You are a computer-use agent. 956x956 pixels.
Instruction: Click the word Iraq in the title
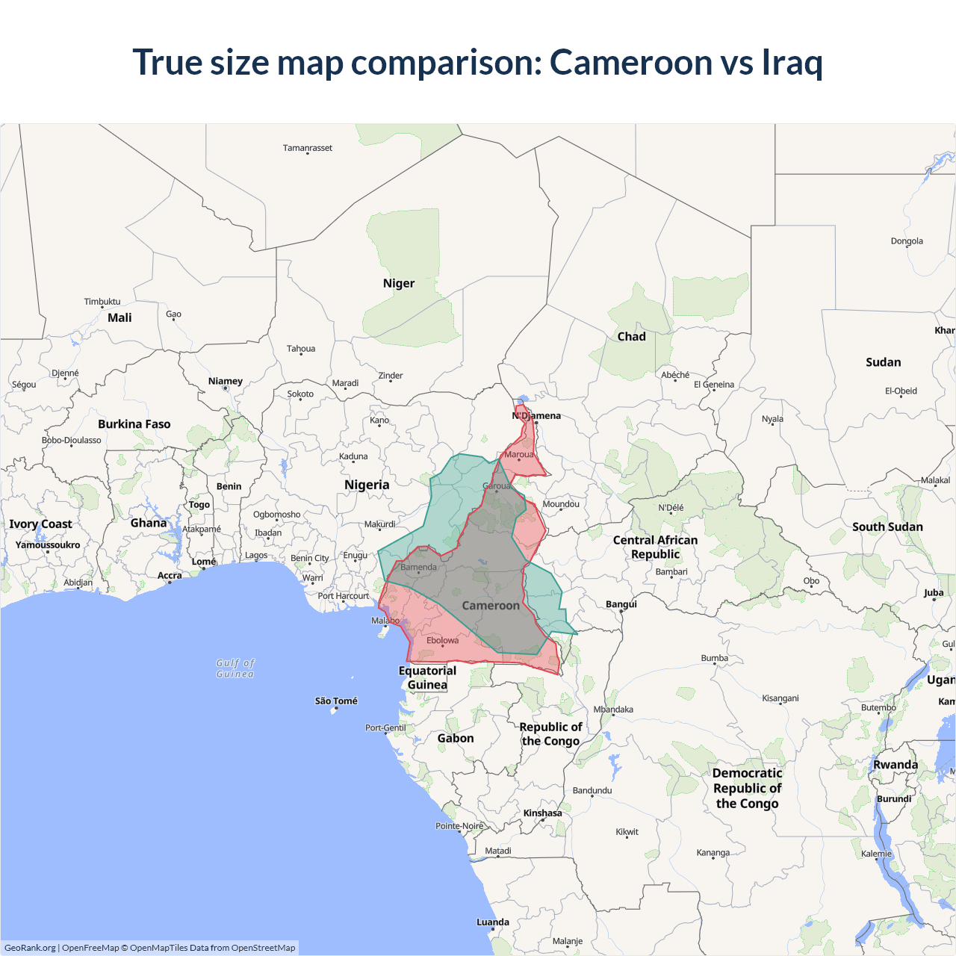[x=792, y=63]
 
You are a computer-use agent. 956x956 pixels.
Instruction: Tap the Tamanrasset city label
[x=308, y=148]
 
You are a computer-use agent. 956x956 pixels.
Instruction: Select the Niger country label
[x=398, y=284]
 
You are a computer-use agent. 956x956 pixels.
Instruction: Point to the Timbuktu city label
[x=102, y=302]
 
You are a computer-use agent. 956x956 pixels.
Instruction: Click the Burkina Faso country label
[x=134, y=424]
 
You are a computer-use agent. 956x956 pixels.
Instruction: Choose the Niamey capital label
[x=226, y=381]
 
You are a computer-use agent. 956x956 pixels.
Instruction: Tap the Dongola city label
[x=907, y=241]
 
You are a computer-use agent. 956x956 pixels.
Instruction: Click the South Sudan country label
[x=887, y=527]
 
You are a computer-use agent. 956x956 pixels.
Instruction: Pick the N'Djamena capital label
[x=536, y=416]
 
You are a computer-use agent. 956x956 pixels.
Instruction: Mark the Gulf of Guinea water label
[x=235, y=668]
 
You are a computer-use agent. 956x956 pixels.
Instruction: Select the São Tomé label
[x=336, y=701]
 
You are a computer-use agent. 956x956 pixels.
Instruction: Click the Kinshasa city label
[x=542, y=813]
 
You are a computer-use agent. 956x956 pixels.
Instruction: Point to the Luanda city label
[x=493, y=922]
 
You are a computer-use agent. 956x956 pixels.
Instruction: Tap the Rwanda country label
[x=896, y=765]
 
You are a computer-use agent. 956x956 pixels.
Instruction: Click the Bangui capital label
[x=621, y=604]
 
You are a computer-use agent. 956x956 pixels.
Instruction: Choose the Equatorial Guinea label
[x=427, y=677]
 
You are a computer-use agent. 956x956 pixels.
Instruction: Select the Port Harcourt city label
[x=344, y=596]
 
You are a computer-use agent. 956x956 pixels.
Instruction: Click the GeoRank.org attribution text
[x=30, y=948]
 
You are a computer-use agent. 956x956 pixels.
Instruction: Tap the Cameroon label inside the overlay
[x=491, y=606]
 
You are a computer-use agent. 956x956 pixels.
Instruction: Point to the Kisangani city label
[x=780, y=698]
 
